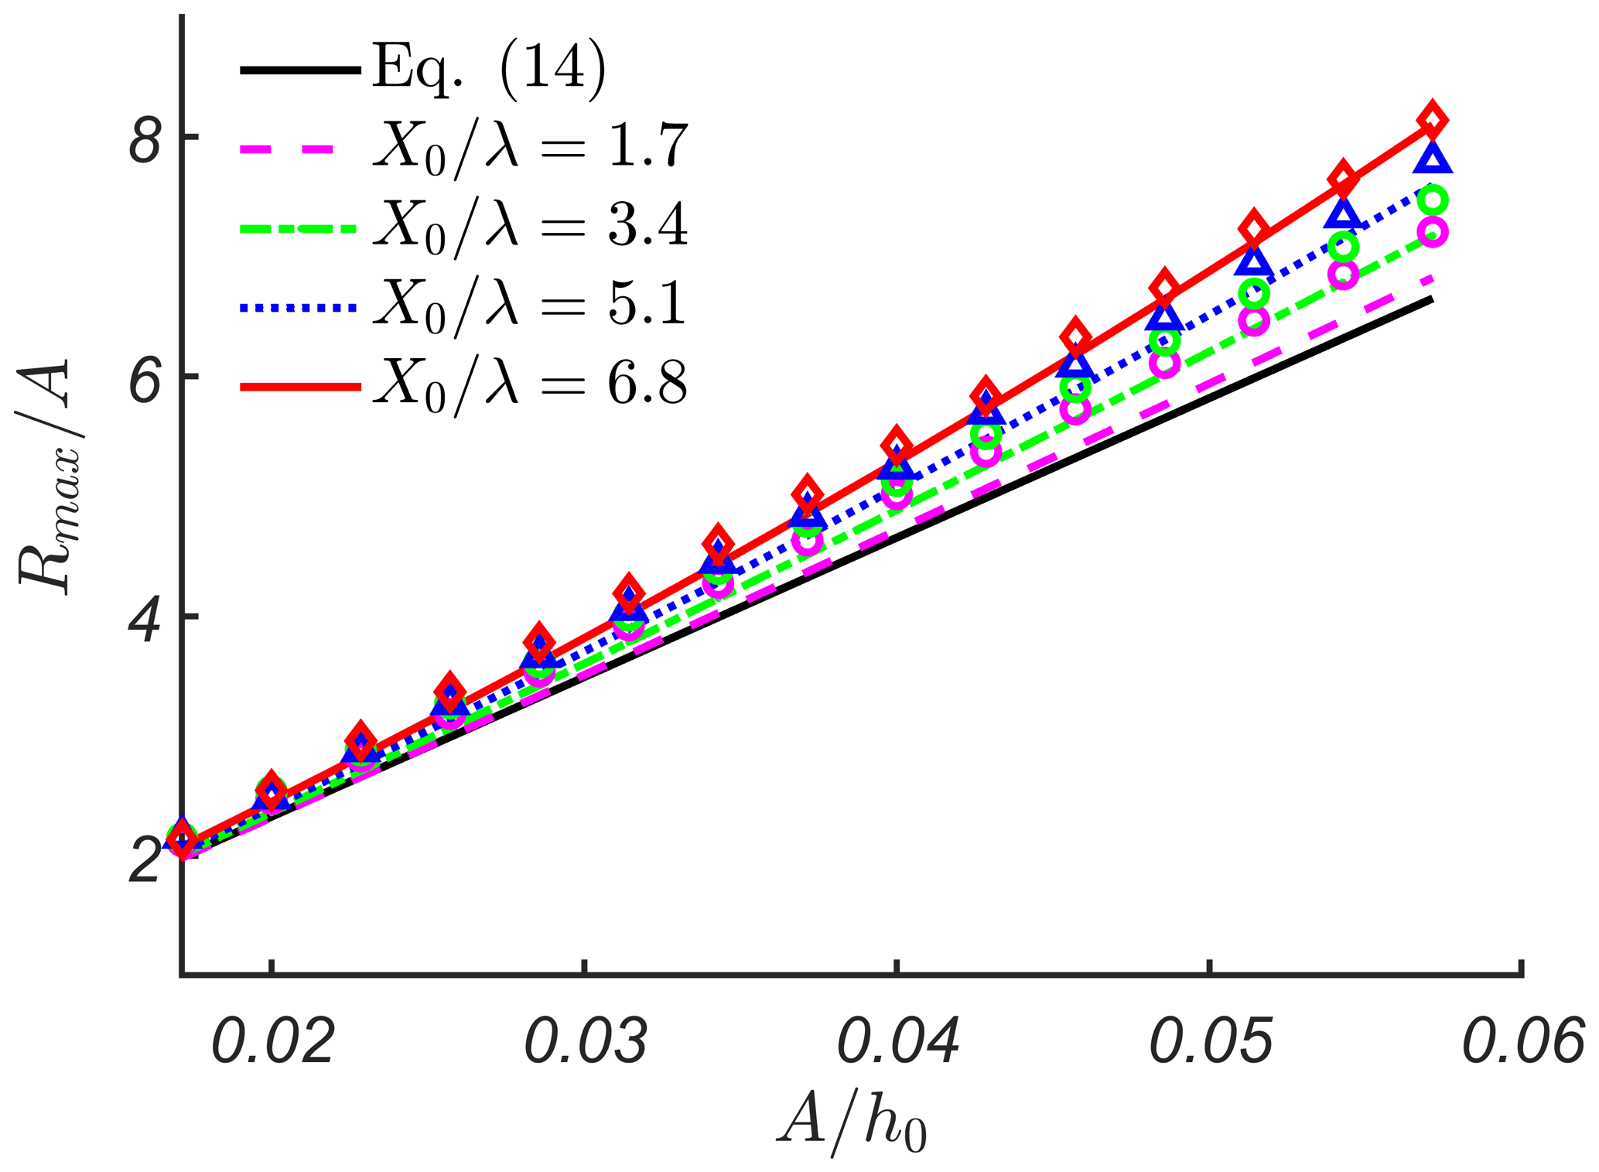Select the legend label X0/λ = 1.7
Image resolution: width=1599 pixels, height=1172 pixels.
[x=531, y=147]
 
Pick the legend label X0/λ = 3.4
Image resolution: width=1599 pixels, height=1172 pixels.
[x=531, y=227]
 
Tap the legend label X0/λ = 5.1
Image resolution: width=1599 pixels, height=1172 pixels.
[x=531, y=306]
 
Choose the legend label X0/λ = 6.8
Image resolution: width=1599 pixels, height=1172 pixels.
[x=531, y=385]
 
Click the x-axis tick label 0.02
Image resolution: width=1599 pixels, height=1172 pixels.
[x=272, y=1042]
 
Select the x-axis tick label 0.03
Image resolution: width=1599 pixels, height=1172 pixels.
[x=586, y=1042]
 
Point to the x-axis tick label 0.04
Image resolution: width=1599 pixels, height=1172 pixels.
[x=897, y=1042]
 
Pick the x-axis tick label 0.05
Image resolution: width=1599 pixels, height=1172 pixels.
[x=1211, y=1042]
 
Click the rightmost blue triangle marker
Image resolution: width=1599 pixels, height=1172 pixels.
[x=1432, y=159]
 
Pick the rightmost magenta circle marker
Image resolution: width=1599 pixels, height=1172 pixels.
[x=1432, y=232]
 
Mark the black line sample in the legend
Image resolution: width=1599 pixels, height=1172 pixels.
[x=300, y=70]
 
